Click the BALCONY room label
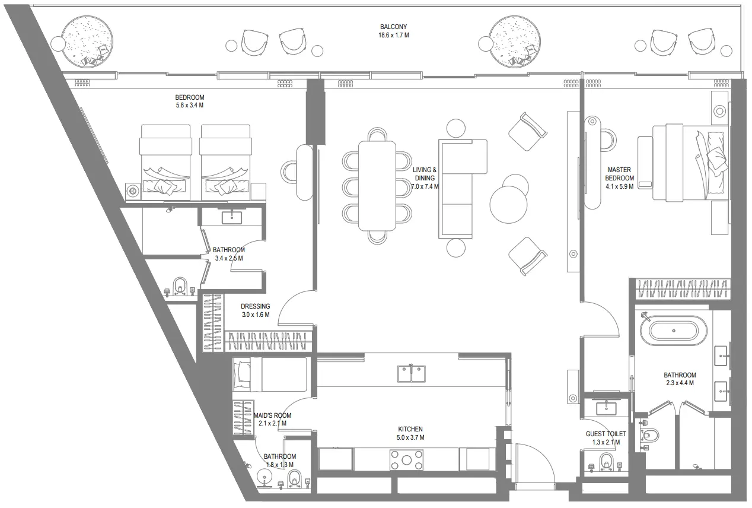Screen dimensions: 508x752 point(394,27)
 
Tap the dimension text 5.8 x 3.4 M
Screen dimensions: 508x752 point(189,106)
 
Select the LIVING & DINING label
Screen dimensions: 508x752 point(425,173)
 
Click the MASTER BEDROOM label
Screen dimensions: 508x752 point(619,174)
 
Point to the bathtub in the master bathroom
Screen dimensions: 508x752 point(677,331)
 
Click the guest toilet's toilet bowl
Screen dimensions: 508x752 point(606,461)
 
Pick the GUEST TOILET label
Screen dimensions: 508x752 point(603,434)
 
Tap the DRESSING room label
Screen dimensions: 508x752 point(255,306)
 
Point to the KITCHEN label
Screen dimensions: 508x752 point(410,429)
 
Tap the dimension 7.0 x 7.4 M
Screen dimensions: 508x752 point(425,186)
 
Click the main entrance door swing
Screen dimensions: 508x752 point(534,463)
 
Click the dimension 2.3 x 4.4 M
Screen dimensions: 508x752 point(679,383)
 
